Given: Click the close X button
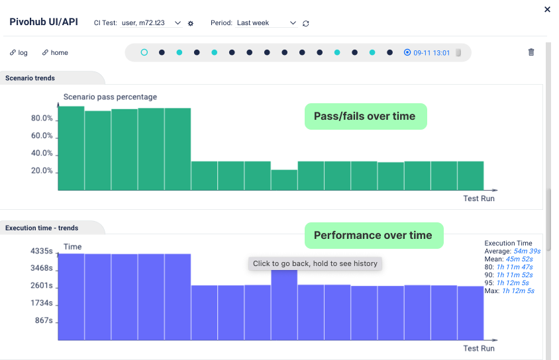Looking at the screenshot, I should pos(547,9).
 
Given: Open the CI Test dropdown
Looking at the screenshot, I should pos(152,23).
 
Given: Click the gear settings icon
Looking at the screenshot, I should pos(191,23).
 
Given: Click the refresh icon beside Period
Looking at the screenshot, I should pos(306,23).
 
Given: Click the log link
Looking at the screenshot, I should pos(19,53).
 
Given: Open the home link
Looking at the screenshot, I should pos(55,53).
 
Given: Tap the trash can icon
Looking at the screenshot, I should pos(531,52).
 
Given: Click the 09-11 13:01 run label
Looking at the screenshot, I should pos(431,53).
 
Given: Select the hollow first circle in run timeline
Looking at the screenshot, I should pos(144,52).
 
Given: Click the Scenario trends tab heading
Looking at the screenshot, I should pos(30,78).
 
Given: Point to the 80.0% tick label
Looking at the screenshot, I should pos(42,118).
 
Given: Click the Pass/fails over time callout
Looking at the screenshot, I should pos(365,116).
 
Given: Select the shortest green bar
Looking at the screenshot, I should pos(284,180).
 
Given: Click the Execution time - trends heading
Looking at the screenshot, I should pos(42,228).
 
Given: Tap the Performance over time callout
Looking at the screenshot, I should pos(373,236).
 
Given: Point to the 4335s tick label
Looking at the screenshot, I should pos(41,251).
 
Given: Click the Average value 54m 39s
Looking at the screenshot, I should pos(527,251).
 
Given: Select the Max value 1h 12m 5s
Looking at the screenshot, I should pos(518,291).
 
